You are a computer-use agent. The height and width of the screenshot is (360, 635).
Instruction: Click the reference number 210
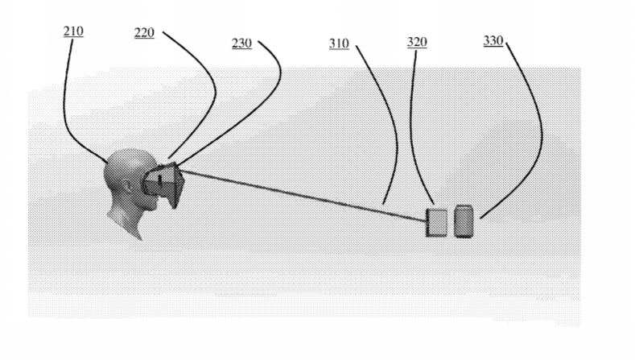pyautogui.click(x=73, y=31)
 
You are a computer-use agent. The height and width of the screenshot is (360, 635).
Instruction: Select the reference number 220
pyautogui.click(x=144, y=32)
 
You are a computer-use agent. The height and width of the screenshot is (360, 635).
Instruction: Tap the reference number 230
pyautogui.click(x=241, y=43)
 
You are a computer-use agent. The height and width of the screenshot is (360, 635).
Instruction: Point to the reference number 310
pyautogui.click(x=339, y=43)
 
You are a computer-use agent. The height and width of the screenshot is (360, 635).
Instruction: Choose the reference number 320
pyautogui.click(x=417, y=42)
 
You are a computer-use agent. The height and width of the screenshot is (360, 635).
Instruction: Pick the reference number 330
pyautogui.click(x=493, y=40)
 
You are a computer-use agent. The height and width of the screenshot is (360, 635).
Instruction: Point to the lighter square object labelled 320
pyautogui.click(x=436, y=222)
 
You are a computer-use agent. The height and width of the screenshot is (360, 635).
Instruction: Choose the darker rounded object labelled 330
pyautogui.click(x=464, y=221)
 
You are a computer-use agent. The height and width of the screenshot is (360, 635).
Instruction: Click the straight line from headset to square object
pyautogui.click(x=303, y=196)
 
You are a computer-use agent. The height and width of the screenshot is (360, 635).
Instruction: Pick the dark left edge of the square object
pyautogui.click(x=427, y=222)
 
